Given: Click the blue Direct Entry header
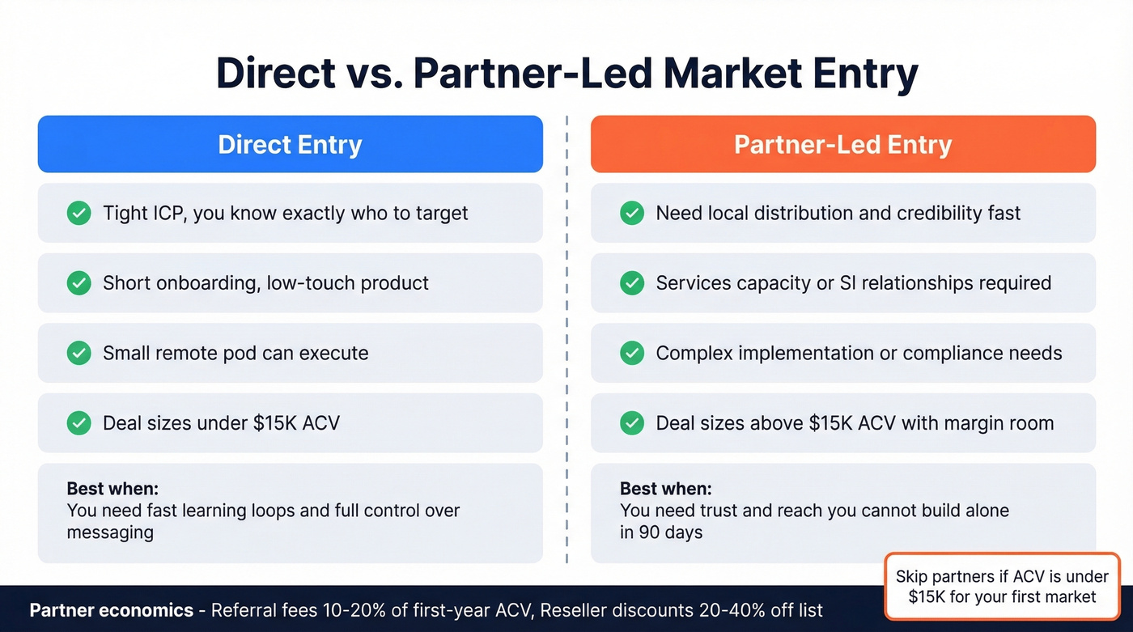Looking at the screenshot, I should pyautogui.click(x=290, y=144).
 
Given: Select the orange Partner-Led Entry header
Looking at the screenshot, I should pyautogui.click(x=842, y=144).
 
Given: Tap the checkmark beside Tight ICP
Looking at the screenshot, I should pyautogui.click(x=79, y=214).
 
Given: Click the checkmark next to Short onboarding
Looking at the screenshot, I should pyautogui.click(x=79, y=283).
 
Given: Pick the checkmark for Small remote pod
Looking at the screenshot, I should pyautogui.click(x=79, y=354).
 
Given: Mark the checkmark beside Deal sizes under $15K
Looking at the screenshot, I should pyautogui.click(x=79, y=423).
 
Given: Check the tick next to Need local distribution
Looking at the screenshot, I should pyautogui.click(x=631, y=214).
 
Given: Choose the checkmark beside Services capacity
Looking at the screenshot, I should pyautogui.click(x=631, y=283).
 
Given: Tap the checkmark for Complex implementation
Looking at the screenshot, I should pyautogui.click(x=631, y=354).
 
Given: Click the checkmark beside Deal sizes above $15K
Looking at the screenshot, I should pyautogui.click(x=631, y=423).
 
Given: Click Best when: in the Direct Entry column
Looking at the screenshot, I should pyautogui.click(x=112, y=490).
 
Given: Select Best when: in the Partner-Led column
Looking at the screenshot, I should pyautogui.click(x=665, y=490).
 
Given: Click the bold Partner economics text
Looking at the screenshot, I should pyautogui.click(x=112, y=610).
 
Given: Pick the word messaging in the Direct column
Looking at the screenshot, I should pyautogui.click(x=110, y=532).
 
